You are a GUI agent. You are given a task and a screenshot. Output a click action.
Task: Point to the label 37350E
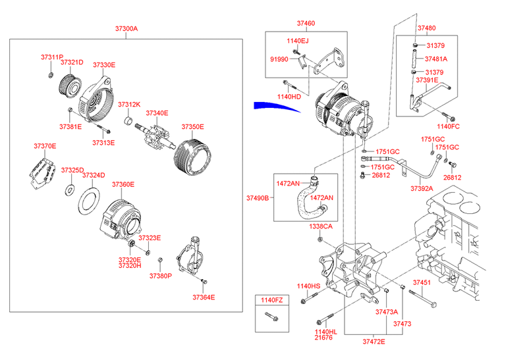192,127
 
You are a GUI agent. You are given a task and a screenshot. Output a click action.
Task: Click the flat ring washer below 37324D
89,201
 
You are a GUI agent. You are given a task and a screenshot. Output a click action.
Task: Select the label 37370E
45,145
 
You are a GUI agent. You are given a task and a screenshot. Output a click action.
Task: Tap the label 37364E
204,297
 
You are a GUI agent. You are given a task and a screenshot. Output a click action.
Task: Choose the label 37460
306,24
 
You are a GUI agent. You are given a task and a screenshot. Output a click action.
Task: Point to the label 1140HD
289,97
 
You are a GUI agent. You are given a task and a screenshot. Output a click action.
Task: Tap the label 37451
422,282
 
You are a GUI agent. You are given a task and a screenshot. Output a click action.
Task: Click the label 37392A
423,188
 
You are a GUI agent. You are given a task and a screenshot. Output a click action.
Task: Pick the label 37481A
436,59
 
